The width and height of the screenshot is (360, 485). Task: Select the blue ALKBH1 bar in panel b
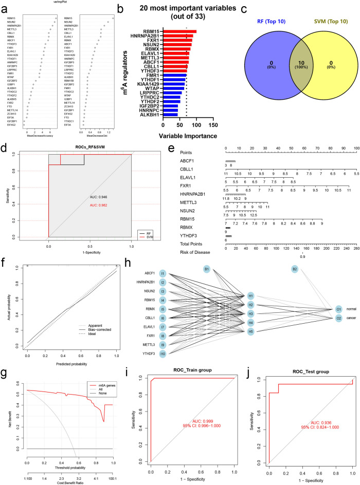pyautogui.click(x=170, y=115)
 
